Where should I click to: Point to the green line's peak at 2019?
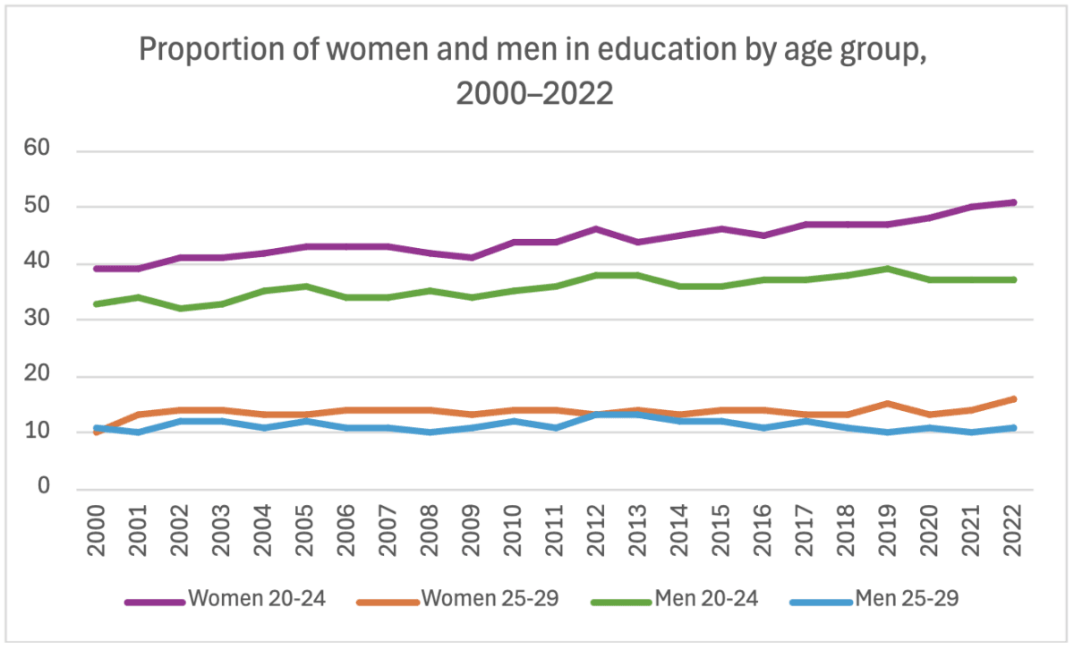[888, 269]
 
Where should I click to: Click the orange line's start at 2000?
[96, 432]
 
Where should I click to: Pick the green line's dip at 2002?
[179, 308]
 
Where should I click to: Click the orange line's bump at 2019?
[888, 404]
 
